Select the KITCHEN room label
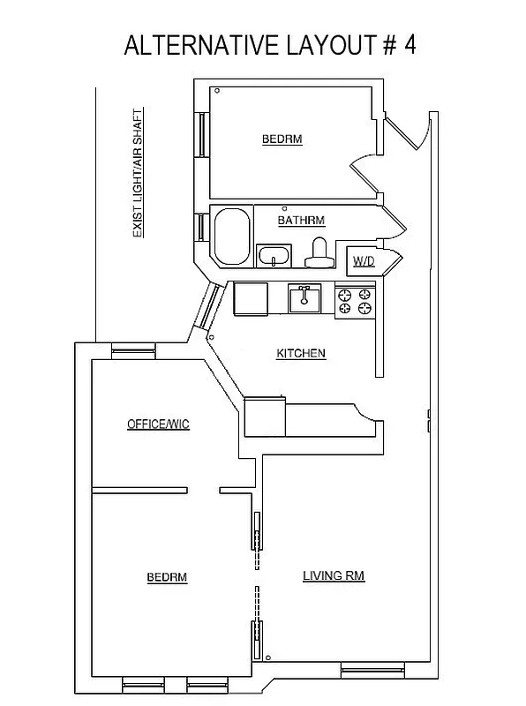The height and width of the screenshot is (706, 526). pos(301,353)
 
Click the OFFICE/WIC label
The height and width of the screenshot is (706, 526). pos(158,424)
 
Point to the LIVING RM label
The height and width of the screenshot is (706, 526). pos(334,576)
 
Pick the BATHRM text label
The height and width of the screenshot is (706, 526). pos(302,220)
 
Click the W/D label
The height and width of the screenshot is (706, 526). pos(363,261)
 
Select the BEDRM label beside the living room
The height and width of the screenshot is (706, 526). pos(167,577)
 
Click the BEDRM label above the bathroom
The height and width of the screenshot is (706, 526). pos(282,139)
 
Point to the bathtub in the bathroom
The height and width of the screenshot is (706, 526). pos(232,236)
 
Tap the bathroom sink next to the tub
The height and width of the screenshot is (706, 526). pos(274,256)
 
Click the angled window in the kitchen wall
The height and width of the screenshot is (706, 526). pos(208,307)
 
